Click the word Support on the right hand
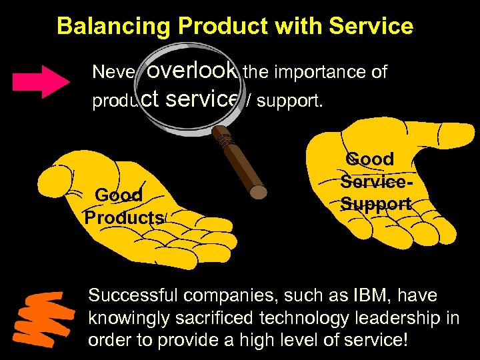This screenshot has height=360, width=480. tap(375, 203)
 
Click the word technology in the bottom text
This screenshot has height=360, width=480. tap(301, 317)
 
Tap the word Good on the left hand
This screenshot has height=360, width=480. tap(119, 195)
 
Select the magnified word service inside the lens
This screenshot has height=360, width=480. tap(200, 99)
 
